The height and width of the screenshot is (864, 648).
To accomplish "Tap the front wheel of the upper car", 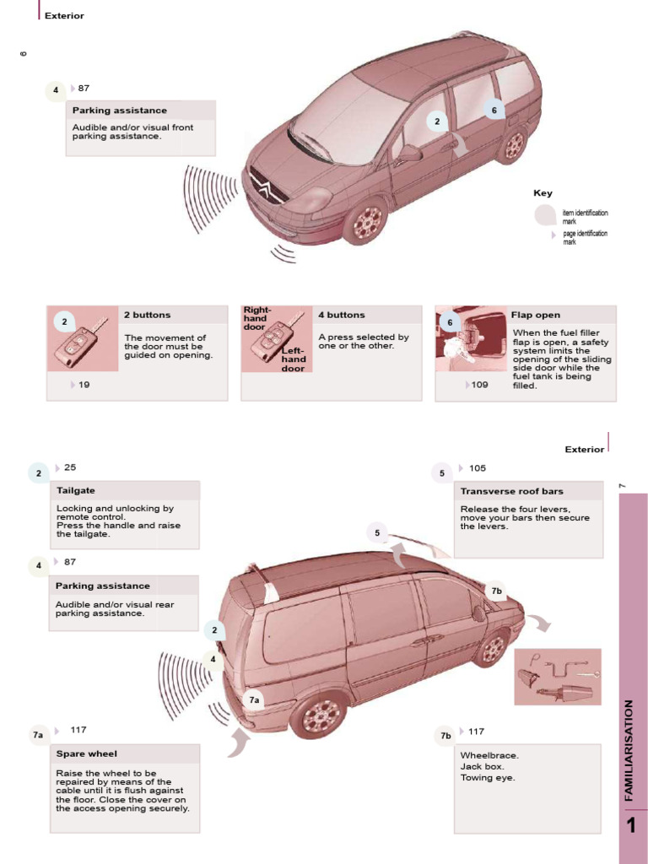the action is pos(366,221).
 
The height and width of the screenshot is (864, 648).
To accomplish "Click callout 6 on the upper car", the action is pos(494,111).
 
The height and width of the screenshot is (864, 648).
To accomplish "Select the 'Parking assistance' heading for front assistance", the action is pos(120,111).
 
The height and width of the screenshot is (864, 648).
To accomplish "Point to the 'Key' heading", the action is pos(543,193).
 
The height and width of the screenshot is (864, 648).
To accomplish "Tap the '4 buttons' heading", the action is pos(342,315).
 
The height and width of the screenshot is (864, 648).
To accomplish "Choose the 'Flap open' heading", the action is pos(536,315).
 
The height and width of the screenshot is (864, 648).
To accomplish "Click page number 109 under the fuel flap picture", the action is pos(479,385).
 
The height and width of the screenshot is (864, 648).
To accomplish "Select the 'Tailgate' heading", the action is pos(76,490).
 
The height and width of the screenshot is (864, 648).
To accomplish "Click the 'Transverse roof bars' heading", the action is pos(512,491).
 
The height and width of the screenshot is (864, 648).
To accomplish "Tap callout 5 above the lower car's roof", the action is pos(377,532).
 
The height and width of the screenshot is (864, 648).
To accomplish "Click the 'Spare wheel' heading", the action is pos(87,753).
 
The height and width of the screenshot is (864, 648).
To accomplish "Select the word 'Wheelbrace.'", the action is pos(490,755).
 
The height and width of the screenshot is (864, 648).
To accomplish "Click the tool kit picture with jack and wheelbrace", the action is pos(558,676).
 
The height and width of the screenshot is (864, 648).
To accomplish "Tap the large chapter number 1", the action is pos(632,826).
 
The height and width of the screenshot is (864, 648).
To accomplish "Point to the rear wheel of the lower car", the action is pos(319,715).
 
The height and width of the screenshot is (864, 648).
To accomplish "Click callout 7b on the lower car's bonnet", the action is pos(497,591).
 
